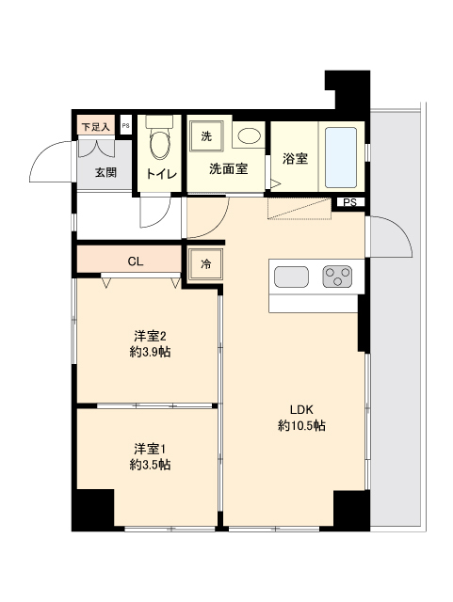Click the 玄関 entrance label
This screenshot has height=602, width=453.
tap(105, 172)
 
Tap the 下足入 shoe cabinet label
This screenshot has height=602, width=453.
tap(95, 126)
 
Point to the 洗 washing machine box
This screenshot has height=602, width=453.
tap(205, 136)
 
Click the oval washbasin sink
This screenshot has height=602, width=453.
tap(249, 138)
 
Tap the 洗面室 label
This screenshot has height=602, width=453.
tap(228, 169)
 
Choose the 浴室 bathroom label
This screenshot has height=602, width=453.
tap(295, 158)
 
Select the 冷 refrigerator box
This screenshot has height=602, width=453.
tap(205, 264)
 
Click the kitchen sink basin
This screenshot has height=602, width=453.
tap(290, 277)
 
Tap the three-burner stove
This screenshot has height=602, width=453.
tap(337, 277)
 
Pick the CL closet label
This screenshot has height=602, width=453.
tap(136, 261)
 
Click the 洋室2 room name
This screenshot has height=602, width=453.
tap(150, 336)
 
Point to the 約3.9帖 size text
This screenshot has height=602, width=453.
tap(150, 353)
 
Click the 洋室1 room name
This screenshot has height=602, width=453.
tap(150, 448)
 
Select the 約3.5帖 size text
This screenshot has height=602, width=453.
tap(150, 465)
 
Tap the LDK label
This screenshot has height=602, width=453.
tap(301, 409)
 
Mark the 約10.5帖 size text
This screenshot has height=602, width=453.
tap(301, 426)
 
